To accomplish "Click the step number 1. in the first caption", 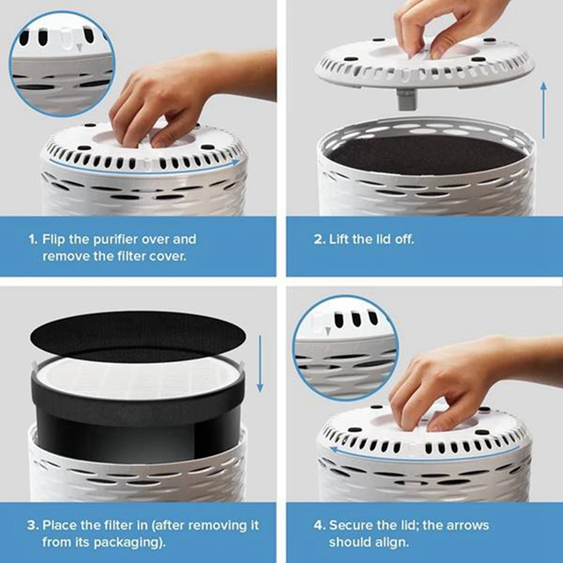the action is [x=32, y=239].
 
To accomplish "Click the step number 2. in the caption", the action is [x=320, y=239].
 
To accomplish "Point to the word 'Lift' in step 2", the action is [x=339, y=239].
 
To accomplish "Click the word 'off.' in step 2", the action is [x=405, y=239].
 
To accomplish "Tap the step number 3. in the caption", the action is [x=32, y=526].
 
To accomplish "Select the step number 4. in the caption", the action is [x=320, y=526].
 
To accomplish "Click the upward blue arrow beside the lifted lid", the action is [x=543, y=110].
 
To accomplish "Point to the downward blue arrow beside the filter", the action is [x=260, y=363].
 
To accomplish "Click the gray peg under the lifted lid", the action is [x=406, y=99].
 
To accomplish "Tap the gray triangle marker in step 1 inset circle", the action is [x=80, y=47].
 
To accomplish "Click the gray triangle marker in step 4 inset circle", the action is [x=327, y=331].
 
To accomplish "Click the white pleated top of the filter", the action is [x=138, y=377].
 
